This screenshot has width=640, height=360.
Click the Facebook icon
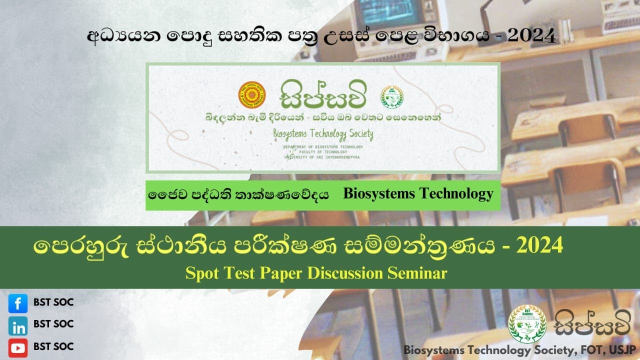18,303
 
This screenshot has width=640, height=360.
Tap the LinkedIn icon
18,326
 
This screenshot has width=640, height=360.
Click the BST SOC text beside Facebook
53,301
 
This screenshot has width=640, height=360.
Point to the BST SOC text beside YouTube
53,346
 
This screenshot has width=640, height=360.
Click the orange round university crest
252,95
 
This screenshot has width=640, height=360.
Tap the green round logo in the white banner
391,96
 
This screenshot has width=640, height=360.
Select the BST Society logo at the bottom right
527,323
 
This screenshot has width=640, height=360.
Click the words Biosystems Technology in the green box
418,194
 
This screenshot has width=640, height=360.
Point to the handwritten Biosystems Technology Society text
323,134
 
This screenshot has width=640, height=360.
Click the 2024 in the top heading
530,35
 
